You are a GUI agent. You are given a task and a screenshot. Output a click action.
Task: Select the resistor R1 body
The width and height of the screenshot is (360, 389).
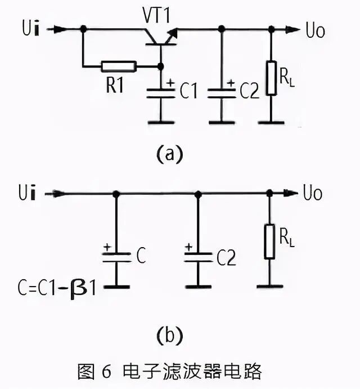click(119, 66)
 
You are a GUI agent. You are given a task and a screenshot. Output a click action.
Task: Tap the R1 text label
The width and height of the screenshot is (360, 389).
click(115, 85)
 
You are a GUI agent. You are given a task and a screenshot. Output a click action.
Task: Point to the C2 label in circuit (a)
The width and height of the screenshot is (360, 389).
click(249, 92)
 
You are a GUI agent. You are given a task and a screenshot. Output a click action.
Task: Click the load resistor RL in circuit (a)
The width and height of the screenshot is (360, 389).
click(272, 78)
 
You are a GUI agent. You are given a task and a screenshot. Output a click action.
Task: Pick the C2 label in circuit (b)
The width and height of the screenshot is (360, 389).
click(225, 258)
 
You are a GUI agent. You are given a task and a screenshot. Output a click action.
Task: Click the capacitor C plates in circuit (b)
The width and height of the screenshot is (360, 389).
click(116, 257)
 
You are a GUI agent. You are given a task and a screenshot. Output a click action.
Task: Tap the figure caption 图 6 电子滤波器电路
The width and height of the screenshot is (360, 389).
click(169, 372)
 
